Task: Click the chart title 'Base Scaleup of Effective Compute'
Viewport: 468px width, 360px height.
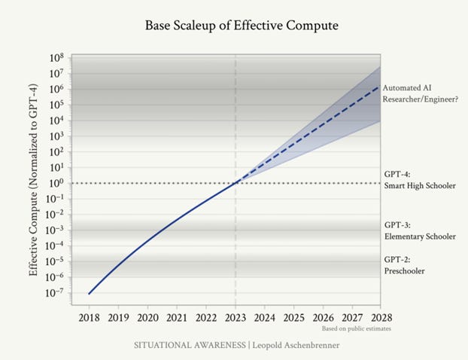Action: click(x=242, y=26)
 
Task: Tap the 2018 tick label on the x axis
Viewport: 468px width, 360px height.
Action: click(x=89, y=318)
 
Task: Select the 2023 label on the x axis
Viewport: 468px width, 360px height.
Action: click(x=236, y=318)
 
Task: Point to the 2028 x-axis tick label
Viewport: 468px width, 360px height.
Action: click(x=381, y=318)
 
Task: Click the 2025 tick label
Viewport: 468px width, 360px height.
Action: click(x=294, y=318)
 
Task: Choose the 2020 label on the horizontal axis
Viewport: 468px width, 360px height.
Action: click(x=147, y=318)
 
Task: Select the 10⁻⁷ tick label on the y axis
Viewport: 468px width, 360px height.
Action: click(x=56, y=293)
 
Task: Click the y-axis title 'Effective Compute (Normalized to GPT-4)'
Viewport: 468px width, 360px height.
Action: click(x=33, y=180)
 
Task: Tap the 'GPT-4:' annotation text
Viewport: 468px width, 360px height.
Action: click(x=397, y=174)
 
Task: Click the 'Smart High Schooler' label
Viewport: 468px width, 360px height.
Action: click(x=420, y=186)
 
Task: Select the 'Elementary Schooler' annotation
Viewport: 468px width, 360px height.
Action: click(x=420, y=236)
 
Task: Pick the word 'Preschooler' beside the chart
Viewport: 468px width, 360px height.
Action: click(x=405, y=271)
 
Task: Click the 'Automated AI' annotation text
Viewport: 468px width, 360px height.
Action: click(x=407, y=88)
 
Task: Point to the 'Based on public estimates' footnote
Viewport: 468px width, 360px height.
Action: click(x=357, y=328)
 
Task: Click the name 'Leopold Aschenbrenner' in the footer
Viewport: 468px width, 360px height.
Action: click(x=296, y=346)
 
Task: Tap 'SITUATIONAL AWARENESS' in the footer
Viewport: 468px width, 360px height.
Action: click(x=190, y=346)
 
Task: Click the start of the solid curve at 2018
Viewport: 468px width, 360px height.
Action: click(x=89, y=294)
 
